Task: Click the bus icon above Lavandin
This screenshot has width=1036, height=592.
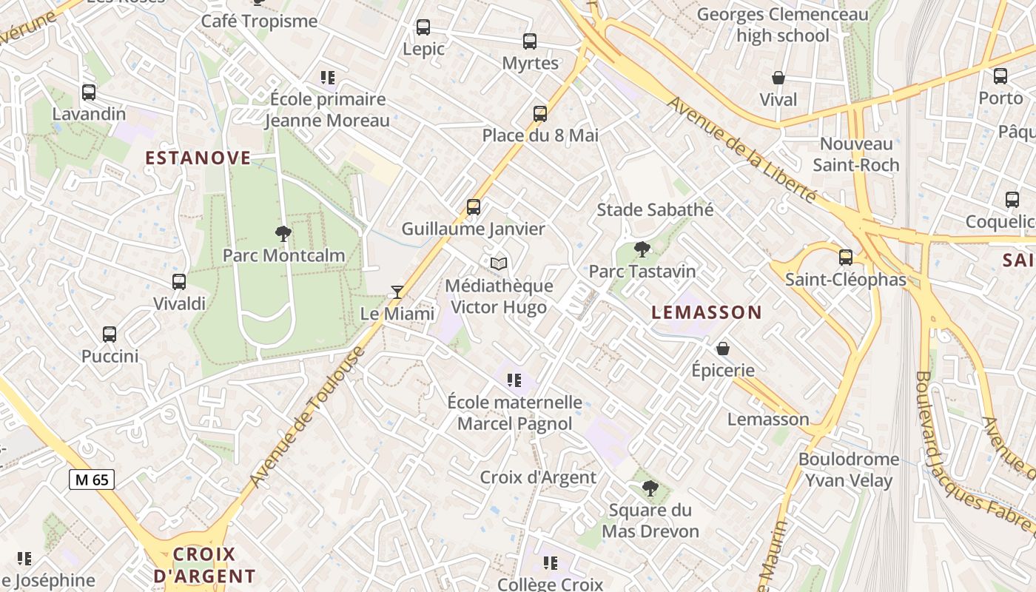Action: click(89, 92)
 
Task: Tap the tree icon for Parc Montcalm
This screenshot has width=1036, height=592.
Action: click(283, 234)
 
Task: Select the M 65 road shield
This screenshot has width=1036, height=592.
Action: click(92, 480)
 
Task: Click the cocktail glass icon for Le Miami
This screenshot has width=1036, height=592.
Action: click(397, 292)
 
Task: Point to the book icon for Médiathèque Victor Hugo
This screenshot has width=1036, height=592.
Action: click(499, 263)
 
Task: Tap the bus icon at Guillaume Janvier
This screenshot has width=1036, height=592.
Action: click(474, 207)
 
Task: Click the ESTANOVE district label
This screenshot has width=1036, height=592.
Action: click(198, 158)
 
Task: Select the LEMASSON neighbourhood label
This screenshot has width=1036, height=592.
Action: click(706, 312)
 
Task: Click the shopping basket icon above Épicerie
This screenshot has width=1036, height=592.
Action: click(723, 348)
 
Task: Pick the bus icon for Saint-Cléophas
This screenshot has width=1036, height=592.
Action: click(845, 258)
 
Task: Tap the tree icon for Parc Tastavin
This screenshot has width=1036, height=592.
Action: click(642, 249)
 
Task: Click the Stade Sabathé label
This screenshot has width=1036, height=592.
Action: click(655, 209)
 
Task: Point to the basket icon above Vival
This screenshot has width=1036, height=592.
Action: click(778, 78)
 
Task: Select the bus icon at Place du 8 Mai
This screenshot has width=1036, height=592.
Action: click(540, 114)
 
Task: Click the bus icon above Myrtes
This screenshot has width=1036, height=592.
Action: click(530, 41)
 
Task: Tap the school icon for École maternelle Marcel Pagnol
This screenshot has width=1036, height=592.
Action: click(514, 380)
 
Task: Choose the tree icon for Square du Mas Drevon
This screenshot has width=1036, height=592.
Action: click(650, 488)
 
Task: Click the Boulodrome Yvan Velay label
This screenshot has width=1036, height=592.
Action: click(848, 470)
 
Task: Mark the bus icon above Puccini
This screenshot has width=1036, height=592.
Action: click(110, 334)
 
